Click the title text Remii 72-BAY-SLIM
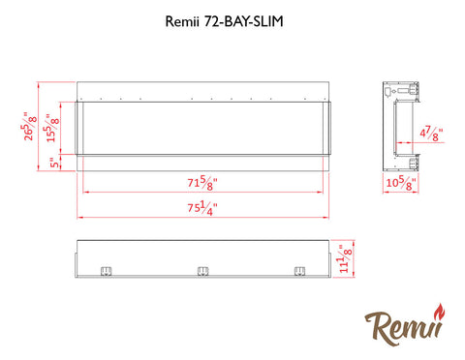coord(224,21)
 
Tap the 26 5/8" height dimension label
coord(29,126)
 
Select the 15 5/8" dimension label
coord(52,128)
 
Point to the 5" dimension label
coord(55,163)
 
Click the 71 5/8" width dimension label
coord(202,183)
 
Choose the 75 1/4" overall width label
coord(202,207)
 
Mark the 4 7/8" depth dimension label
coord(431,134)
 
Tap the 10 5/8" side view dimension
coord(401,183)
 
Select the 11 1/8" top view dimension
coord(345,258)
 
